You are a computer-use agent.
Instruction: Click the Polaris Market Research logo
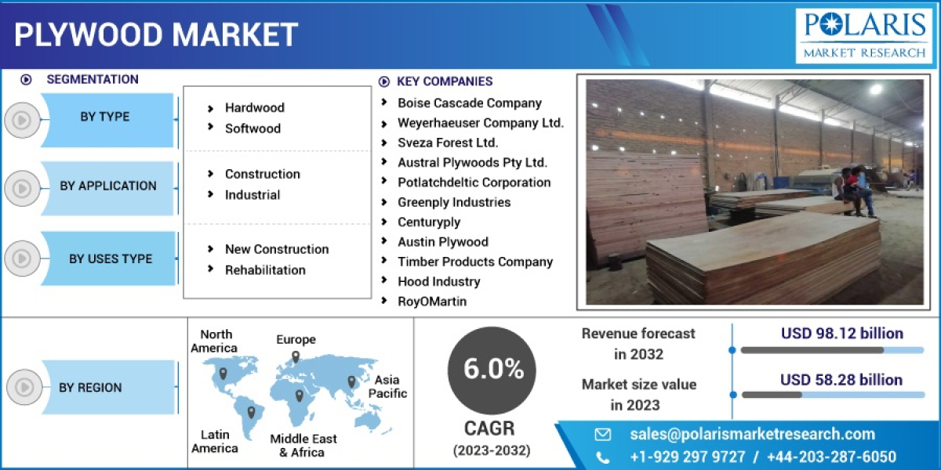coord(863,35)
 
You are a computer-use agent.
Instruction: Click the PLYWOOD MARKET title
coord(156,34)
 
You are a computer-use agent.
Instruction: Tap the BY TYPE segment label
coord(105,117)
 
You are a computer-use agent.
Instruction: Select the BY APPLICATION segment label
coord(108,186)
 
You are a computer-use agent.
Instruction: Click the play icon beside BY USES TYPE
coord(22,258)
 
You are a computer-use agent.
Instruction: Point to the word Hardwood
coord(254,108)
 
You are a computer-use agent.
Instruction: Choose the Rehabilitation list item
coord(265,270)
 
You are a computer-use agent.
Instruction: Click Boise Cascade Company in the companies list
coord(469,103)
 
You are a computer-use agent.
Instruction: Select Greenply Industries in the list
coord(453,202)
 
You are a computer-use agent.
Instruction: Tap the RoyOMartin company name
coord(431,302)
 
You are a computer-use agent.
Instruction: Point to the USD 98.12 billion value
coord(841,334)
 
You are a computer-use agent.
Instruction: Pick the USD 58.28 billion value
coord(841,380)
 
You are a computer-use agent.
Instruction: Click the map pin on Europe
coord(296,356)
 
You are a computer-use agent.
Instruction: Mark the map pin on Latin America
coord(251,411)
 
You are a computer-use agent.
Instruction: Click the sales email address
coord(752,434)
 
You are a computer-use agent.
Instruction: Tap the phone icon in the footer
coord(602,457)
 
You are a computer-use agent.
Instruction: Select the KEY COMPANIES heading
coord(445,81)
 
